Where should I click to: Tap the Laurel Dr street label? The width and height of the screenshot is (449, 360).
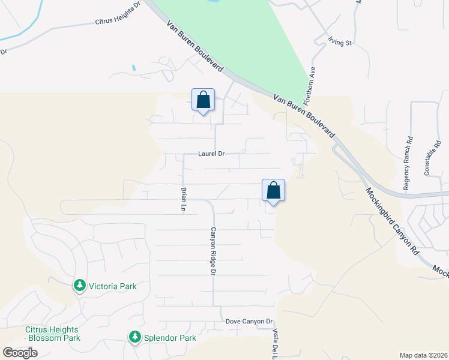pyautogui.click(x=211, y=154)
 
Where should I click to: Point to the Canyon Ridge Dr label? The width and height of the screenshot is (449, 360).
pyautogui.click(x=212, y=251)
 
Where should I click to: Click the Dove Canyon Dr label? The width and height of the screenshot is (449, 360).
pyautogui.click(x=249, y=322)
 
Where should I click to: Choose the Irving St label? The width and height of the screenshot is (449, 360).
pyautogui.click(x=339, y=42)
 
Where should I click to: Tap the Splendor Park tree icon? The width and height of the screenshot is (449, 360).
pyautogui.click(x=135, y=338)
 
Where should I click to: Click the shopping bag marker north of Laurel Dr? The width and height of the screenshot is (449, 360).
pyautogui.click(x=203, y=100)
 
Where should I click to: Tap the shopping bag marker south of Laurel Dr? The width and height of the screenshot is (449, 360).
pyautogui.click(x=273, y=191)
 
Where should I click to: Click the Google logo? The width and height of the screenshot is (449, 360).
pyautogui.click(x=20, y=353)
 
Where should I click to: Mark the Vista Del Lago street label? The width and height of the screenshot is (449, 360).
pyautogui.click(x=277, y=343)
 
